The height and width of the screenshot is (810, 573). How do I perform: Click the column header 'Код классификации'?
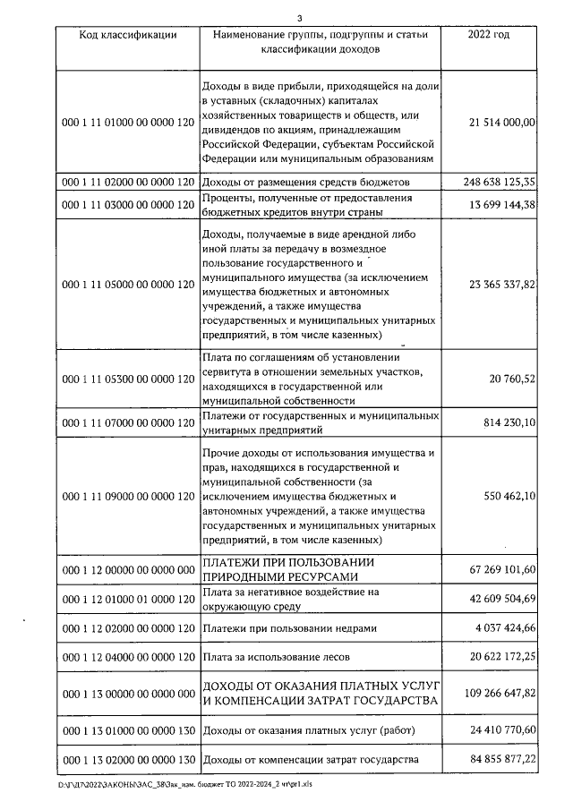127,35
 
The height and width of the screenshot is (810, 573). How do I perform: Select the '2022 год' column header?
488,35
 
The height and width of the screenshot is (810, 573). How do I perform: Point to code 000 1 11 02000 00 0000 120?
127,182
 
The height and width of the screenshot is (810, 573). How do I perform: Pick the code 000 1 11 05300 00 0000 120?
127,379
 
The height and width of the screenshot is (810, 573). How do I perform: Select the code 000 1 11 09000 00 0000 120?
127,495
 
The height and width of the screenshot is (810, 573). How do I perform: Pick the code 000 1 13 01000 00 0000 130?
127,730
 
